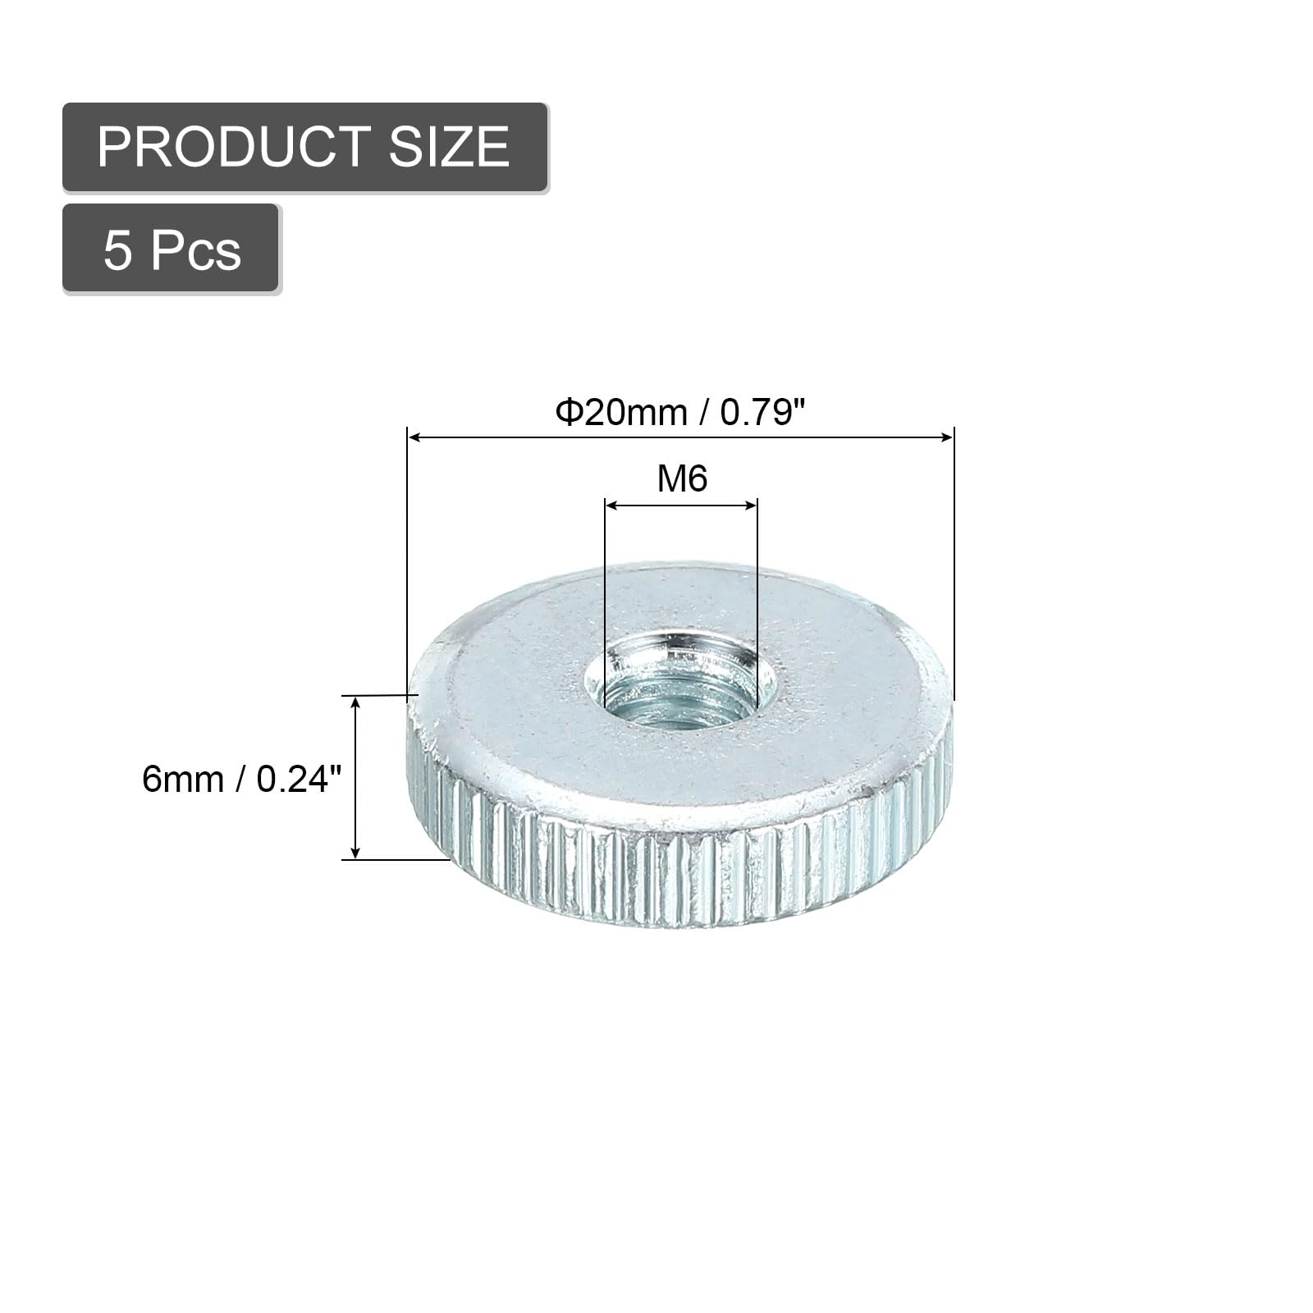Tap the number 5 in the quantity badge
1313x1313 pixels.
(x=117, y=250)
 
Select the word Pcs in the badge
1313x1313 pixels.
(x=195, y=250)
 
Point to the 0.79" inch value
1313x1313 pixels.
(x=759, y=412)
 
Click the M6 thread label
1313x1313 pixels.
(x=682, y=478)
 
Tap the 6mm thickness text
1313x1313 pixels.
(x=182, y=778)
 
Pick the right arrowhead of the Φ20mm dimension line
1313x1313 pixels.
(x=947, y=437)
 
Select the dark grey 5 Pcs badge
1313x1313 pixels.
(x=171, y=248)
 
